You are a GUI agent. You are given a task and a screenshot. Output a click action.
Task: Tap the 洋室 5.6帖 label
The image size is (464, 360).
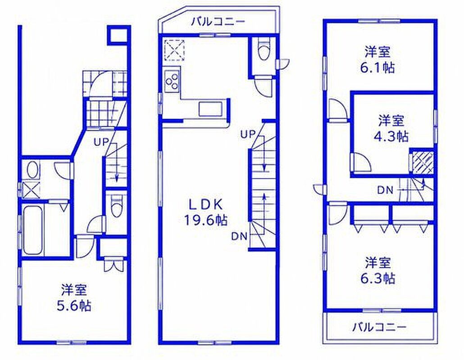(74, 297)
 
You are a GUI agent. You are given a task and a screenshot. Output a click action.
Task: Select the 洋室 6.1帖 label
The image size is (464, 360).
(378, 60)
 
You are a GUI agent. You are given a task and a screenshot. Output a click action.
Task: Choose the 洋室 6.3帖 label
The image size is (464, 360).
(378, 270)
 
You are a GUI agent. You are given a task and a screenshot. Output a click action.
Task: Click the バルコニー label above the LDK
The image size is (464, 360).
(218, 22)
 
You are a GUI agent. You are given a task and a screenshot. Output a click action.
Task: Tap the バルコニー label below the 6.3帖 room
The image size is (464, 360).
(379, 327)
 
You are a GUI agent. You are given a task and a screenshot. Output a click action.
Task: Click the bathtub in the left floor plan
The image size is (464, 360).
(33, 230)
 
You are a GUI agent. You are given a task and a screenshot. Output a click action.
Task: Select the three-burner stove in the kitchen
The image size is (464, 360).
(172, 80)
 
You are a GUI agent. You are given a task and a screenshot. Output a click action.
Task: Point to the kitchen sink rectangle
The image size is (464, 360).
(210, 109)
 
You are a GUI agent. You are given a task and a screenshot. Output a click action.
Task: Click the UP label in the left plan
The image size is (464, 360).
(101, 142)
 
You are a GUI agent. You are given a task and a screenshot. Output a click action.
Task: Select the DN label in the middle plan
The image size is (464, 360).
(239, 236)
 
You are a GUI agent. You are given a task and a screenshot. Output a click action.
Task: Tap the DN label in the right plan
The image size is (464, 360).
(385, 190)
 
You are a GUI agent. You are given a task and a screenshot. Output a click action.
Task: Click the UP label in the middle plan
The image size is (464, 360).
(248, 135)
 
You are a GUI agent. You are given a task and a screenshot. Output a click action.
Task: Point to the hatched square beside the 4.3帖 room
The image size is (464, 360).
(422, 162)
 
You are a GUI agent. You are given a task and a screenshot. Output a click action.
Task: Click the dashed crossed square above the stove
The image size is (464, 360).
(174, 50)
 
